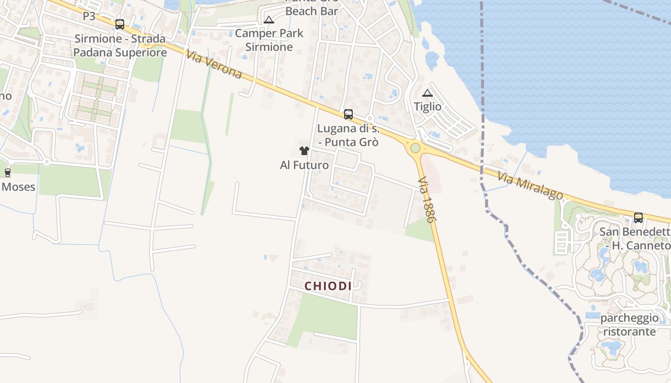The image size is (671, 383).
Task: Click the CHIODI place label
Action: (x=328, y=286)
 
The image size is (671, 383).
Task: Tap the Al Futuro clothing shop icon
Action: (x=304, y=151)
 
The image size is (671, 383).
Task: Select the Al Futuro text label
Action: (x=304, y=166)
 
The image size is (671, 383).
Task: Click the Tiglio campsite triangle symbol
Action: (x=428, y=93)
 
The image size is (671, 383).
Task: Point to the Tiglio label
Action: (x=428, y=107)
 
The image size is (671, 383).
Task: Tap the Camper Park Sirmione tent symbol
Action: (x=269, y=20)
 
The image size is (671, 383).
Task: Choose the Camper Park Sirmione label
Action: (x=269, y=40)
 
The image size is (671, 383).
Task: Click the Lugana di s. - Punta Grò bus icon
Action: (x=348, y=114)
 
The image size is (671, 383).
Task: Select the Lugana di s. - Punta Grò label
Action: (x=348, y=135)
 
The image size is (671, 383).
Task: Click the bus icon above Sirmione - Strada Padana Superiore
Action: (x=120, y=24)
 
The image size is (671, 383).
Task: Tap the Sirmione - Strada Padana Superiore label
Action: (x=120, y=45)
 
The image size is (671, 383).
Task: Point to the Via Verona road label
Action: (x=214, y=65)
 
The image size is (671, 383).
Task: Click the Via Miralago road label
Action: (x=530, y=185)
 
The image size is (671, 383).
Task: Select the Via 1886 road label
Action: (x=426, y=200)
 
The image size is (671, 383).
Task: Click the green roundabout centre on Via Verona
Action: (x=415, y=148)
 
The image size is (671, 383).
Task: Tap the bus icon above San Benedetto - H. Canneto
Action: (x=638, y=218)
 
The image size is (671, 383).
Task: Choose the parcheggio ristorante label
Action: (x=629, y=325)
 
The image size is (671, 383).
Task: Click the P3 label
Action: (x=89, y=16)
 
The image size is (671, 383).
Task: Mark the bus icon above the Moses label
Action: (x=7, y=173)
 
